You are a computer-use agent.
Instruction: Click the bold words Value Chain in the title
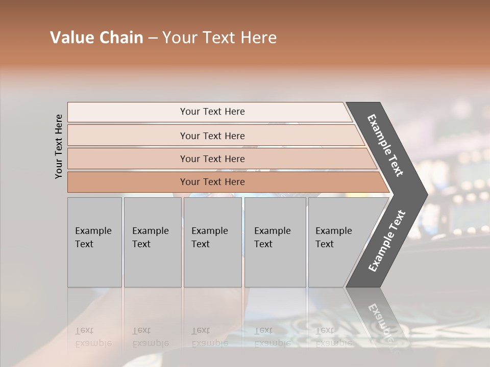click(x=96, y=38)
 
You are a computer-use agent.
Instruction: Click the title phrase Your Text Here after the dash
click(x=219, y=38)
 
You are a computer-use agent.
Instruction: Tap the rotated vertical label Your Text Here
click(x=59, y=146)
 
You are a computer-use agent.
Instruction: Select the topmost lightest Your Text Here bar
click(x=212, y=112)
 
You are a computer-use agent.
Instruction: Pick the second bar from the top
click(x=212, y=136)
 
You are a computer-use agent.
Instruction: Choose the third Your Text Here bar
click(x=212, y=159)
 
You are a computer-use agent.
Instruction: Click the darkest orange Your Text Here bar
click(x=212, y=182)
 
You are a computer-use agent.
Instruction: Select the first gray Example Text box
click(x=94, y=242)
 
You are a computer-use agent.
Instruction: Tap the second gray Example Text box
click(x=152, y=242)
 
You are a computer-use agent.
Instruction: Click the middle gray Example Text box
click(x=212, y=242)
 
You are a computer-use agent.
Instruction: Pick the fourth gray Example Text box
click(x=275, y=242)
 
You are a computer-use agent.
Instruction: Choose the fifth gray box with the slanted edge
click(x=337, y=242)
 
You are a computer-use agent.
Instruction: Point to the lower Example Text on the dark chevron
click(x=387, y=241)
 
